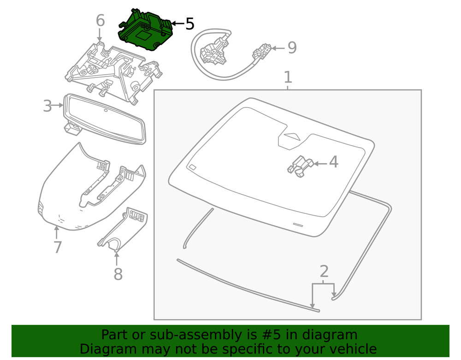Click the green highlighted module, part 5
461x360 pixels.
click(x=145, y=31)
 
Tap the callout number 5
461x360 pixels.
click(x=190, y=24)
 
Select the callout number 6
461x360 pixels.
click(x=100, y=21)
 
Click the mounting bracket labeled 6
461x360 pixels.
click(x=113, y=69)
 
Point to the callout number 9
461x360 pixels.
click(x=291, y=47)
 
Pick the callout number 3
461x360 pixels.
click(x=47, y=106)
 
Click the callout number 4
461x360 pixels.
click(x=333, y=162)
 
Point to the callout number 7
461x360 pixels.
click(x=57, y=248)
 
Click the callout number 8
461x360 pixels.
click(x=118, y=275)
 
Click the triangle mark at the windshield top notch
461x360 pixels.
click(x=291, y=136)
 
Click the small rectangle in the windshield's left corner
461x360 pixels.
click(x=192, y=166)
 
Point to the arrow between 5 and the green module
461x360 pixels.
click(x=177, y=24)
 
